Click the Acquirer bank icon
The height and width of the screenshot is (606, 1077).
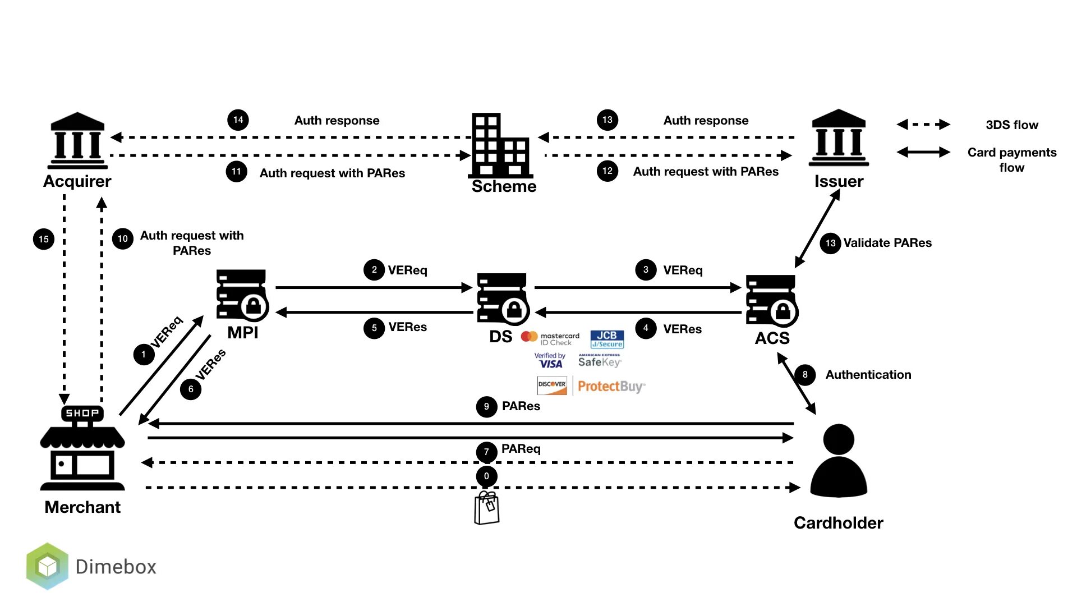(77, 141)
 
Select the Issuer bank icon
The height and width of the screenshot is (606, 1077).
(839, 138)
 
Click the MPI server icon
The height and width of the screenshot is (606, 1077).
(242, 296)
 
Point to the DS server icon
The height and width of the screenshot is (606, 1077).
(503, 299)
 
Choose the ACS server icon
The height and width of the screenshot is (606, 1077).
(772, 301)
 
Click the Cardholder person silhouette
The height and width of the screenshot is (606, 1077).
(839, 461)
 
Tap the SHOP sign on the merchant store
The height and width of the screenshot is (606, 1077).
(82, 413)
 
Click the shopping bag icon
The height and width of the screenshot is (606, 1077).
(486, 508)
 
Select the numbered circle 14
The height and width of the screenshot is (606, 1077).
(238, 120)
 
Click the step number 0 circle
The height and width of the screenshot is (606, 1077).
(486, 476)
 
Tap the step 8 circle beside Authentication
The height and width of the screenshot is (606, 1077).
(805, 374)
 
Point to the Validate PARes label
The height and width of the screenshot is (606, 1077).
(887, 243)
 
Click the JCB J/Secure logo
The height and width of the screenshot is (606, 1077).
(607, 339)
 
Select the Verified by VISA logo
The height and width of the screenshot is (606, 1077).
(550, 360)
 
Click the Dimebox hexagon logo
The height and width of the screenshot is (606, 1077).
(47, 566)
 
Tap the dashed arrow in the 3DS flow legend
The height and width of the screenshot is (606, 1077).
(923, 125)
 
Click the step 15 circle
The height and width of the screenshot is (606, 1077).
(44, 239)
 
